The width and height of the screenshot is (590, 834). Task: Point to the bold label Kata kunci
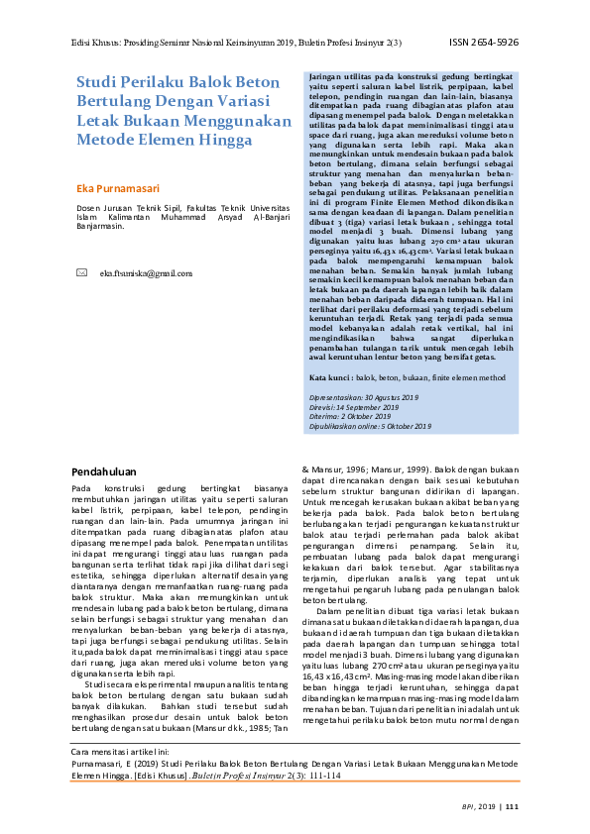coord(330,378)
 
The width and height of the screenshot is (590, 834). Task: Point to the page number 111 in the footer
coord(513,807)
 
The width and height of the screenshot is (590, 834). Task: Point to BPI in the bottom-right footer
coord(468,807)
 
